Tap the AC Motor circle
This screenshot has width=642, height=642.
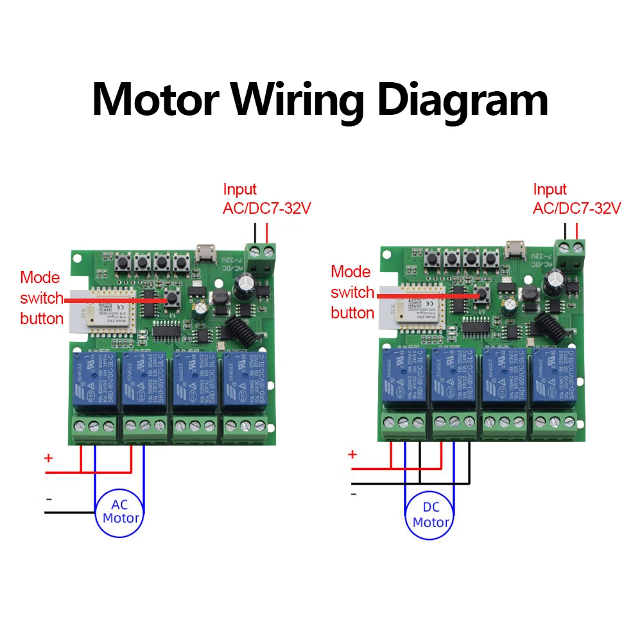120,512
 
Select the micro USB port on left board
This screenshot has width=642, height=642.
206,252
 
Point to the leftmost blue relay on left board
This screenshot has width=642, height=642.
94,382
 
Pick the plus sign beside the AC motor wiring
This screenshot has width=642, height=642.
48,458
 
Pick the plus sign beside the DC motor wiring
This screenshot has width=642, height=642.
352,454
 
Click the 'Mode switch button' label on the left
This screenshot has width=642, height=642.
41,298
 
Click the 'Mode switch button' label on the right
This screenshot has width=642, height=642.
352,292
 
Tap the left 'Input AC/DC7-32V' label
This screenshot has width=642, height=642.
266,198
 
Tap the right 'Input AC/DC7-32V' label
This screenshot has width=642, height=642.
577,198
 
